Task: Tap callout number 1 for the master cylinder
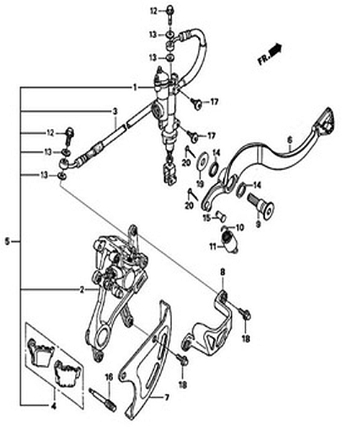(135, 88)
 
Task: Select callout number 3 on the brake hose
(115, 112)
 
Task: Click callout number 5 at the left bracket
(7, 242)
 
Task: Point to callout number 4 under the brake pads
(54, 406)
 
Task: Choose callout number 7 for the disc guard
(166, 397)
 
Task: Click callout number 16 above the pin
(109, 377)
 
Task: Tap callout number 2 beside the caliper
(82, 289)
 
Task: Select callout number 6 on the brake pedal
(289, 140)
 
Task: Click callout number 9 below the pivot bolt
(258, 224)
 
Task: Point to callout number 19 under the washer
(200, 184)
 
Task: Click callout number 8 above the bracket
(222, 272)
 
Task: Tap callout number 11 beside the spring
(213, 246)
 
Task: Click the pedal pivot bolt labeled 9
(261, 204)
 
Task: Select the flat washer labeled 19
(202, 161)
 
